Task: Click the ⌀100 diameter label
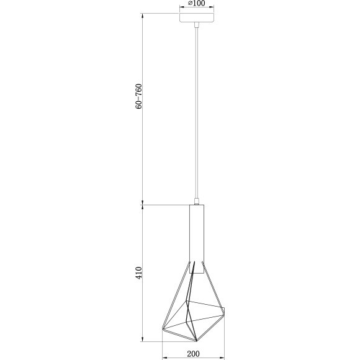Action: [x=197, y=3]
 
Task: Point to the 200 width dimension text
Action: [x=193, y=354]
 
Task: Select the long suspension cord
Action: [x=196, y=112]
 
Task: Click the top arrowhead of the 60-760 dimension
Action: [x=144, y=13]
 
